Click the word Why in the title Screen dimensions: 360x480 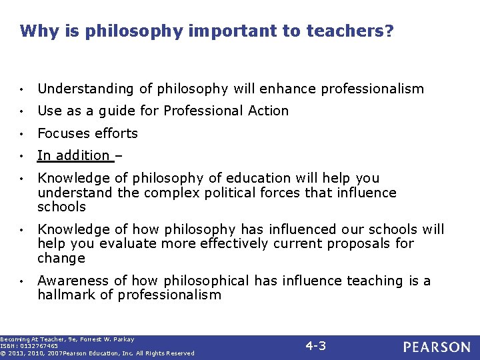(35, 31)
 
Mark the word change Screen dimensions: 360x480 (61, 258)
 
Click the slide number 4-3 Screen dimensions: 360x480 (315, 345)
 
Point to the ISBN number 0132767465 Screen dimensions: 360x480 (39, 346)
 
